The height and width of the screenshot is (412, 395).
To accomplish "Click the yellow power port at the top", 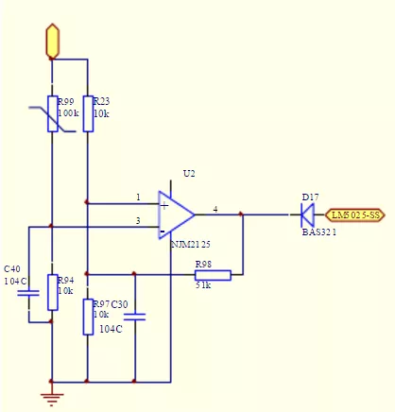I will point(52,42).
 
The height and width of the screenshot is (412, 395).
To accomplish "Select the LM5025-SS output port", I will point(354,215).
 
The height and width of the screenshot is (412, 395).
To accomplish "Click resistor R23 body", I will point(87,113).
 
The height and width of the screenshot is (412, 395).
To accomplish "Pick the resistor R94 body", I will point(52,292).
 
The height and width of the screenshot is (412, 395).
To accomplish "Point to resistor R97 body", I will point(87,317).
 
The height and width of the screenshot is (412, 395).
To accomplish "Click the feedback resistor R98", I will point(212,275).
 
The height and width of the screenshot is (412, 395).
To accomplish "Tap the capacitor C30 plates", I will point(135,317).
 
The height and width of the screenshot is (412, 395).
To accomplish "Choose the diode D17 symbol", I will point(306,215).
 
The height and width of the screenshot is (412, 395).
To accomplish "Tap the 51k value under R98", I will point(203,285).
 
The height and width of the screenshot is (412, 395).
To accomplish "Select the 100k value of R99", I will point(68,112).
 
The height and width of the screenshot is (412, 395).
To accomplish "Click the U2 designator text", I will point(189,173).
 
